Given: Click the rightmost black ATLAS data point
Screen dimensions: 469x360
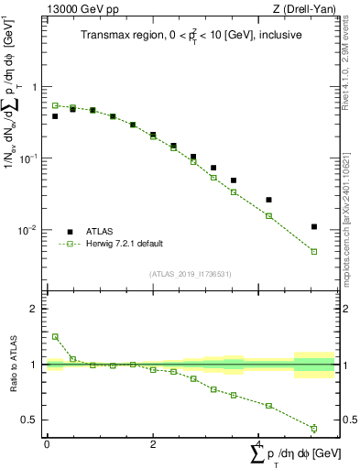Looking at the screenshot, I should click(x=314, y=226).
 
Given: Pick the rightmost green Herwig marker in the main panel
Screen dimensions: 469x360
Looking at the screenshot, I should click(x=314, y=251).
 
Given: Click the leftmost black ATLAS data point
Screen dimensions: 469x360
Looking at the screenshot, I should click(x=55, y=116).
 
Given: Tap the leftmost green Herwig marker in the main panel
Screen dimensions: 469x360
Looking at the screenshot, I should click(x=55, y=105).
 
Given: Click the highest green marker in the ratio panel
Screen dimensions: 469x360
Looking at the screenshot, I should click(x=55, y=336).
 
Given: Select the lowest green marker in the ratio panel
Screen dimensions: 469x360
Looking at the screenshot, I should click(x=314, y=428).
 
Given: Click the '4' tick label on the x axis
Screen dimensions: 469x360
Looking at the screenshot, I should click(x=259, y=444).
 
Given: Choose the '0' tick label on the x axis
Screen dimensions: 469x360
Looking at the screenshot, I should click(x=47, y=444).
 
